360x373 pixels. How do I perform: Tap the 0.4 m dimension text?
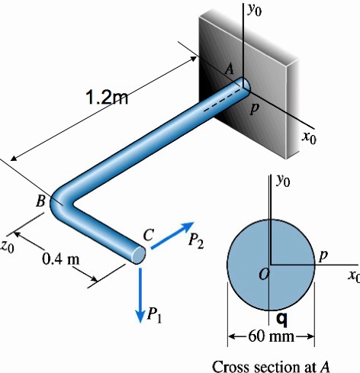(61, 257)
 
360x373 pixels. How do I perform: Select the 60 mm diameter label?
(272, 336)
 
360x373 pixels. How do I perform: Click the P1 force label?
(154, 312)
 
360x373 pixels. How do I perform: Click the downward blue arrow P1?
(140, 293)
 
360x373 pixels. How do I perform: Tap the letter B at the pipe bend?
(40, 201)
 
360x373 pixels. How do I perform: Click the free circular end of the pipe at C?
(137, 255)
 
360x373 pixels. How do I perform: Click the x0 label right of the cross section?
(352, 275)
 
